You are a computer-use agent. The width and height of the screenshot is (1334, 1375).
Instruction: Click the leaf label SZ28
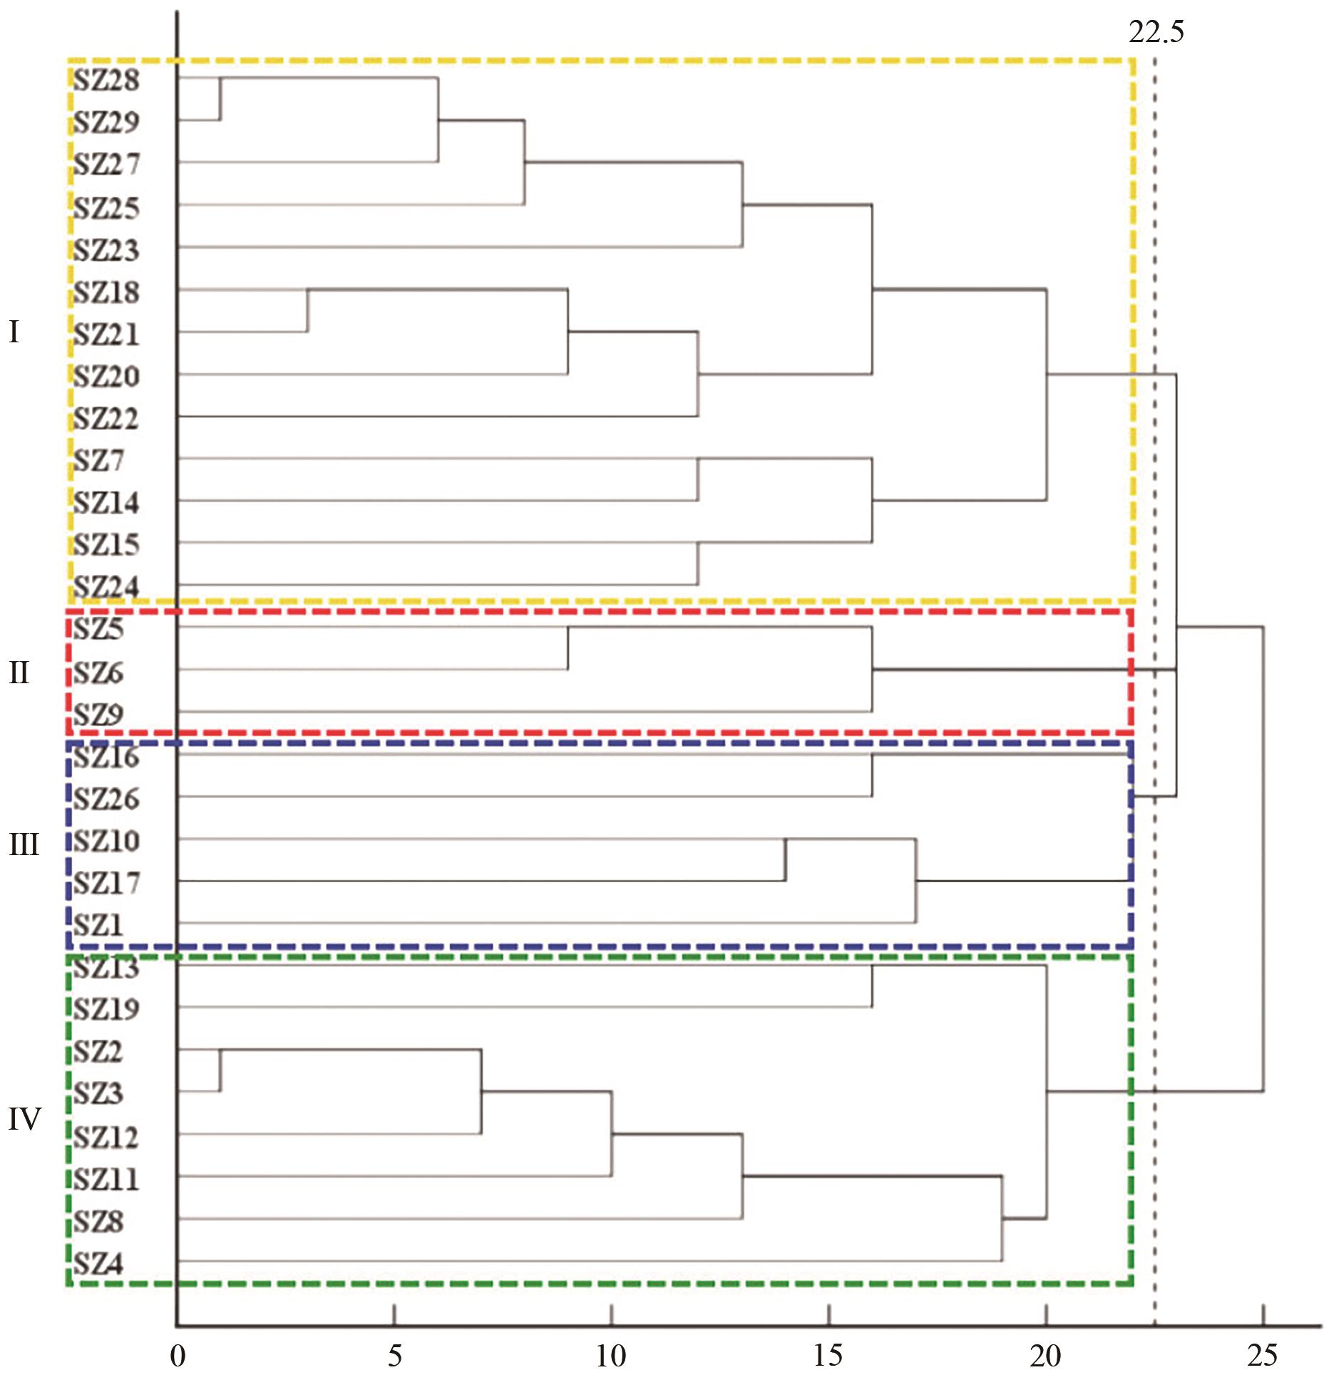point(106,80)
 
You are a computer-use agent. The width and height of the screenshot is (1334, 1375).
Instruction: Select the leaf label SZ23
point(106,250)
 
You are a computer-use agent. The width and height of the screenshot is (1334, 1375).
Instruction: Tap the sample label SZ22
point(106,418)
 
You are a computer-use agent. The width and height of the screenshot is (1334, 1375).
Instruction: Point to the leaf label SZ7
point(99,460)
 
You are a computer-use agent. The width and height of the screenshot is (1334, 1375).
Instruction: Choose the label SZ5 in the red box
point(99,629)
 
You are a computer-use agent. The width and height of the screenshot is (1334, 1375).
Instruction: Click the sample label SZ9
point(99,714)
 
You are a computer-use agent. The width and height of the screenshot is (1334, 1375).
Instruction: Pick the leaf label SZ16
point(106,757)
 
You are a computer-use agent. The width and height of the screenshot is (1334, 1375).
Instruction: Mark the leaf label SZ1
point(99,925)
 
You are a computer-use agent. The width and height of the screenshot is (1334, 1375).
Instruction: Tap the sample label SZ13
point(106,968)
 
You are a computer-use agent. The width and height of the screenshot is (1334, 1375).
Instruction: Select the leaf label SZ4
point(99,1264)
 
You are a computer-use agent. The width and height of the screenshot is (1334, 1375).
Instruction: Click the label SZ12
point(106,1137)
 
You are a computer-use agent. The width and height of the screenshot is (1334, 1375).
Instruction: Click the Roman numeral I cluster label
point(14,332)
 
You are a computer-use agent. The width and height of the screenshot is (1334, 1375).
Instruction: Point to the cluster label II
point(19,673)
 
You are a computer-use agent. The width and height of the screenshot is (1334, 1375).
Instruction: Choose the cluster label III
point(24,844)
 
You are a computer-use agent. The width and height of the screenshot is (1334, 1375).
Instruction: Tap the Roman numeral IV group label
point(24,1119)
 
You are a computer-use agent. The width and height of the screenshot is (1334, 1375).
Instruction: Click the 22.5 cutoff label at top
point(1156,32)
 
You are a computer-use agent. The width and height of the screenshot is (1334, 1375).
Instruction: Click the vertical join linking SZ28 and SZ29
point(220,99)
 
